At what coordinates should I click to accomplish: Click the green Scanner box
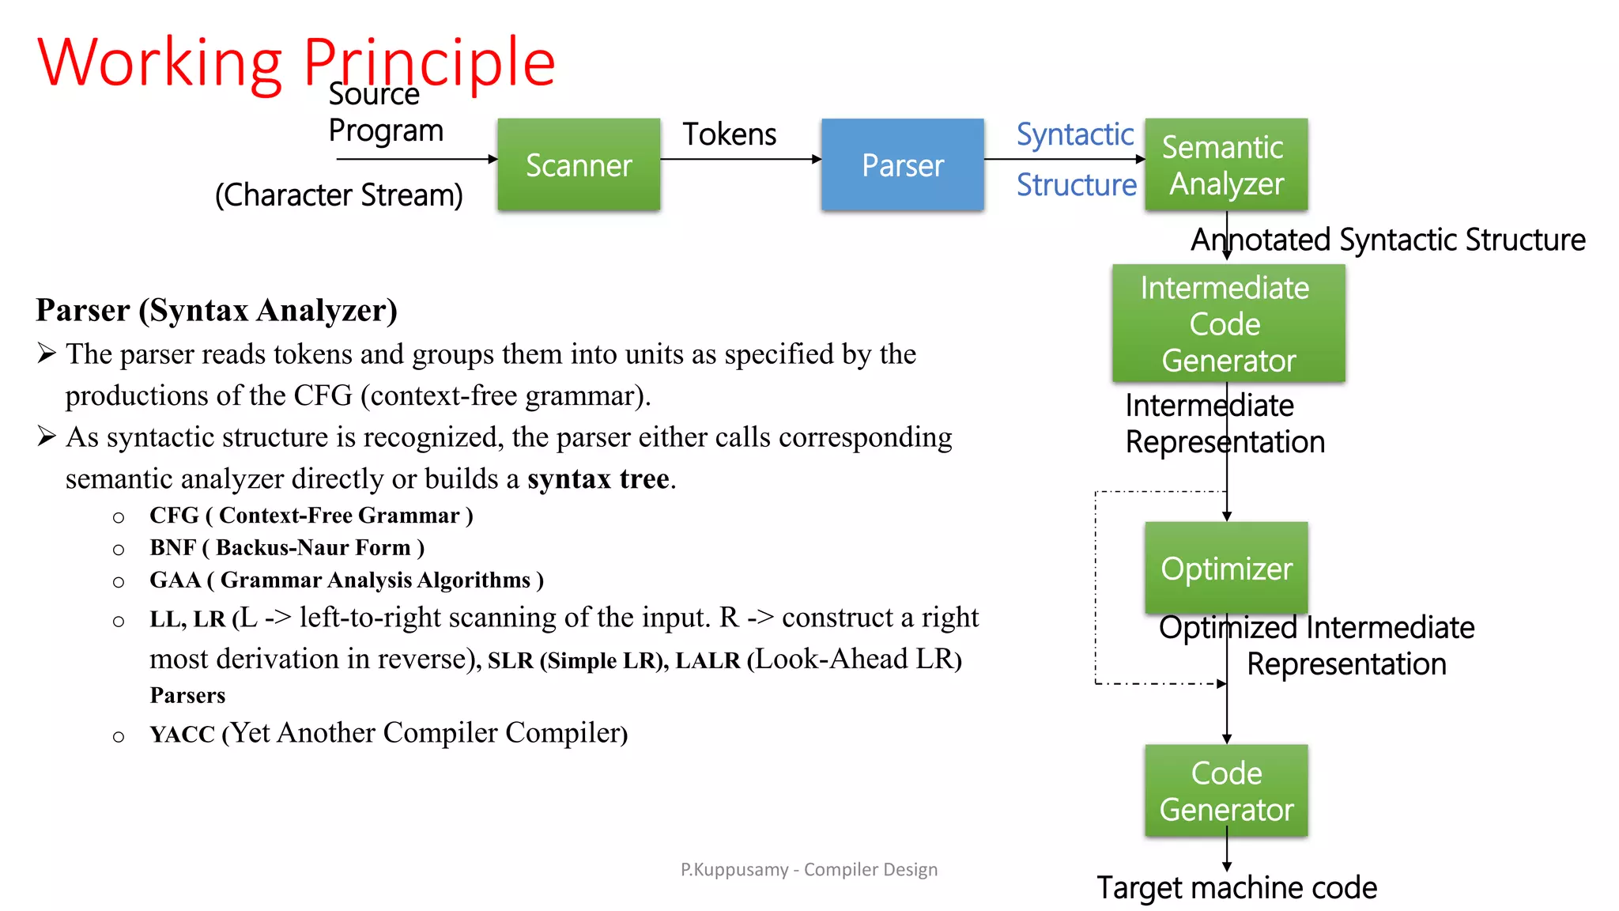tap(579, 164)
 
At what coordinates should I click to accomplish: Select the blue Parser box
tap(902, 164)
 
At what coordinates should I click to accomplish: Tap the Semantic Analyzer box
tap(1226, 164)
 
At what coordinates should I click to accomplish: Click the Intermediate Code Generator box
tap(1228, 323)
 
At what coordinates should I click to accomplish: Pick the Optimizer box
tap(1226, 568)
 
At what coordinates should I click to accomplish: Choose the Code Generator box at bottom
tap(1226, 791)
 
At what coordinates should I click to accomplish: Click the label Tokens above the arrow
tap(729, 134)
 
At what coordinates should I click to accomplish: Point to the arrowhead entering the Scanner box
tap(493, 159)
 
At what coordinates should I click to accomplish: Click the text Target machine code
tap(1236, 888)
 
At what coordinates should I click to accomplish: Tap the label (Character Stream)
tap(339, 195)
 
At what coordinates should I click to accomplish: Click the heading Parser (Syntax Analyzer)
tap(217, 311)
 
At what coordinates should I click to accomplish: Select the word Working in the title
tap(160, 63)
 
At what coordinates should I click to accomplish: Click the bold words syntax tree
tap(599, 479)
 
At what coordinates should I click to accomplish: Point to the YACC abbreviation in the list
tap(183, 735)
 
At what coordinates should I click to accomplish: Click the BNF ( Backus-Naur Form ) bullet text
tap(287, 548)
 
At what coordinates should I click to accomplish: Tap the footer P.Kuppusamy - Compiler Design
tap(809, 870)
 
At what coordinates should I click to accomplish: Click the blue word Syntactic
tap(1074, 134)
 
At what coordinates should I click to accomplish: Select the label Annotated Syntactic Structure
tap(1388, 240)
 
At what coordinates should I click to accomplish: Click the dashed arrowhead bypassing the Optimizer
tap(1222, 684)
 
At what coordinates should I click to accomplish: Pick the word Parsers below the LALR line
tap(187, 696)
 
